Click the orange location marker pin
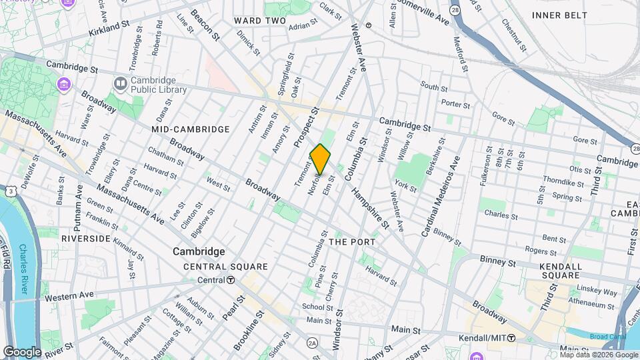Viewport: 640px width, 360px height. tap(320, 159)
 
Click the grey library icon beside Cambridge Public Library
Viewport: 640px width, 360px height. tap(121, 84)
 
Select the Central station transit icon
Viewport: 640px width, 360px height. tap(230, 280)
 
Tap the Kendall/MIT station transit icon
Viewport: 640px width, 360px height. tap(511, 339)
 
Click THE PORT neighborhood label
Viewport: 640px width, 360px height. tap(352, 241)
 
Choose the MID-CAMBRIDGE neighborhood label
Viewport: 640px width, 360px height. tap(190, 129)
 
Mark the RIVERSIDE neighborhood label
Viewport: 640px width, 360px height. tap(85, 238)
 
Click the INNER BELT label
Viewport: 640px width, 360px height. tap(560, 15)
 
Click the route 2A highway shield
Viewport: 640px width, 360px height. tap(312, 343)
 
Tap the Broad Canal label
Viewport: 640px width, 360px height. tap(608, 337)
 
